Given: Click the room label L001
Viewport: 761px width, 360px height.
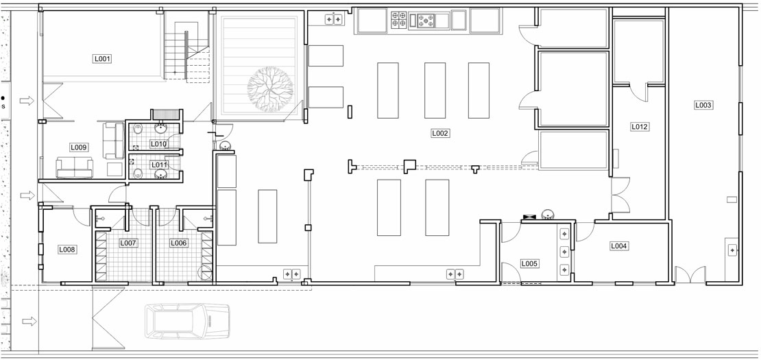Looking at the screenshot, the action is (102, 59).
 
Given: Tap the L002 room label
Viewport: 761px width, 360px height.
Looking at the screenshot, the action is (440, 133).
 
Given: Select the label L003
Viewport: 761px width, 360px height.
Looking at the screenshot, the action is (703, 105).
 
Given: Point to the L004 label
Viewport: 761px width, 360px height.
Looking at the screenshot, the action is (618, 246).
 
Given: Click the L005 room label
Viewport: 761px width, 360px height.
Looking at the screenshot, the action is (529, 264).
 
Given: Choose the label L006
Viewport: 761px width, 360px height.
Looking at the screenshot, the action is (178, 243).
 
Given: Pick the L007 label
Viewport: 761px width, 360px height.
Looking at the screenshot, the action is (129, 243).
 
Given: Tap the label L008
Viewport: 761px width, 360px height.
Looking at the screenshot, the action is (67, 250).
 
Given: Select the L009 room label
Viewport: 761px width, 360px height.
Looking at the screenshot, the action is (79, 147).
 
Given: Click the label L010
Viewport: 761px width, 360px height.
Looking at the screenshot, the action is (158, 143).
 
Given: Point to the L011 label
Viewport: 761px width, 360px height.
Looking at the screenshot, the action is (158, 165).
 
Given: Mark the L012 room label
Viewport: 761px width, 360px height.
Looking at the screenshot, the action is (640, 127).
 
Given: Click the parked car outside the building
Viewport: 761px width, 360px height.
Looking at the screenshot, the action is (187, 321).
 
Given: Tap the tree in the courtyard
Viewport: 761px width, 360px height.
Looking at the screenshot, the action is (270, 89).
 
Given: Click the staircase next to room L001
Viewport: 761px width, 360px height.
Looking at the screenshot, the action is (187, 50).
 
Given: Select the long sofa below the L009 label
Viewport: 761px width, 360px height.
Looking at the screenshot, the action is (74, 168).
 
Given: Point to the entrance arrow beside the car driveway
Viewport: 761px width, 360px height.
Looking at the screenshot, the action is (29, 321).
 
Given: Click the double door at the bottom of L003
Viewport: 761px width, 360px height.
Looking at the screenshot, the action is (690, 274).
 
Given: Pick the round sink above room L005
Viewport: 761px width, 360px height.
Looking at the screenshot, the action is (548, 214).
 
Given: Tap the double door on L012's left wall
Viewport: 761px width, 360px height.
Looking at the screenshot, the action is (620, 195).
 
